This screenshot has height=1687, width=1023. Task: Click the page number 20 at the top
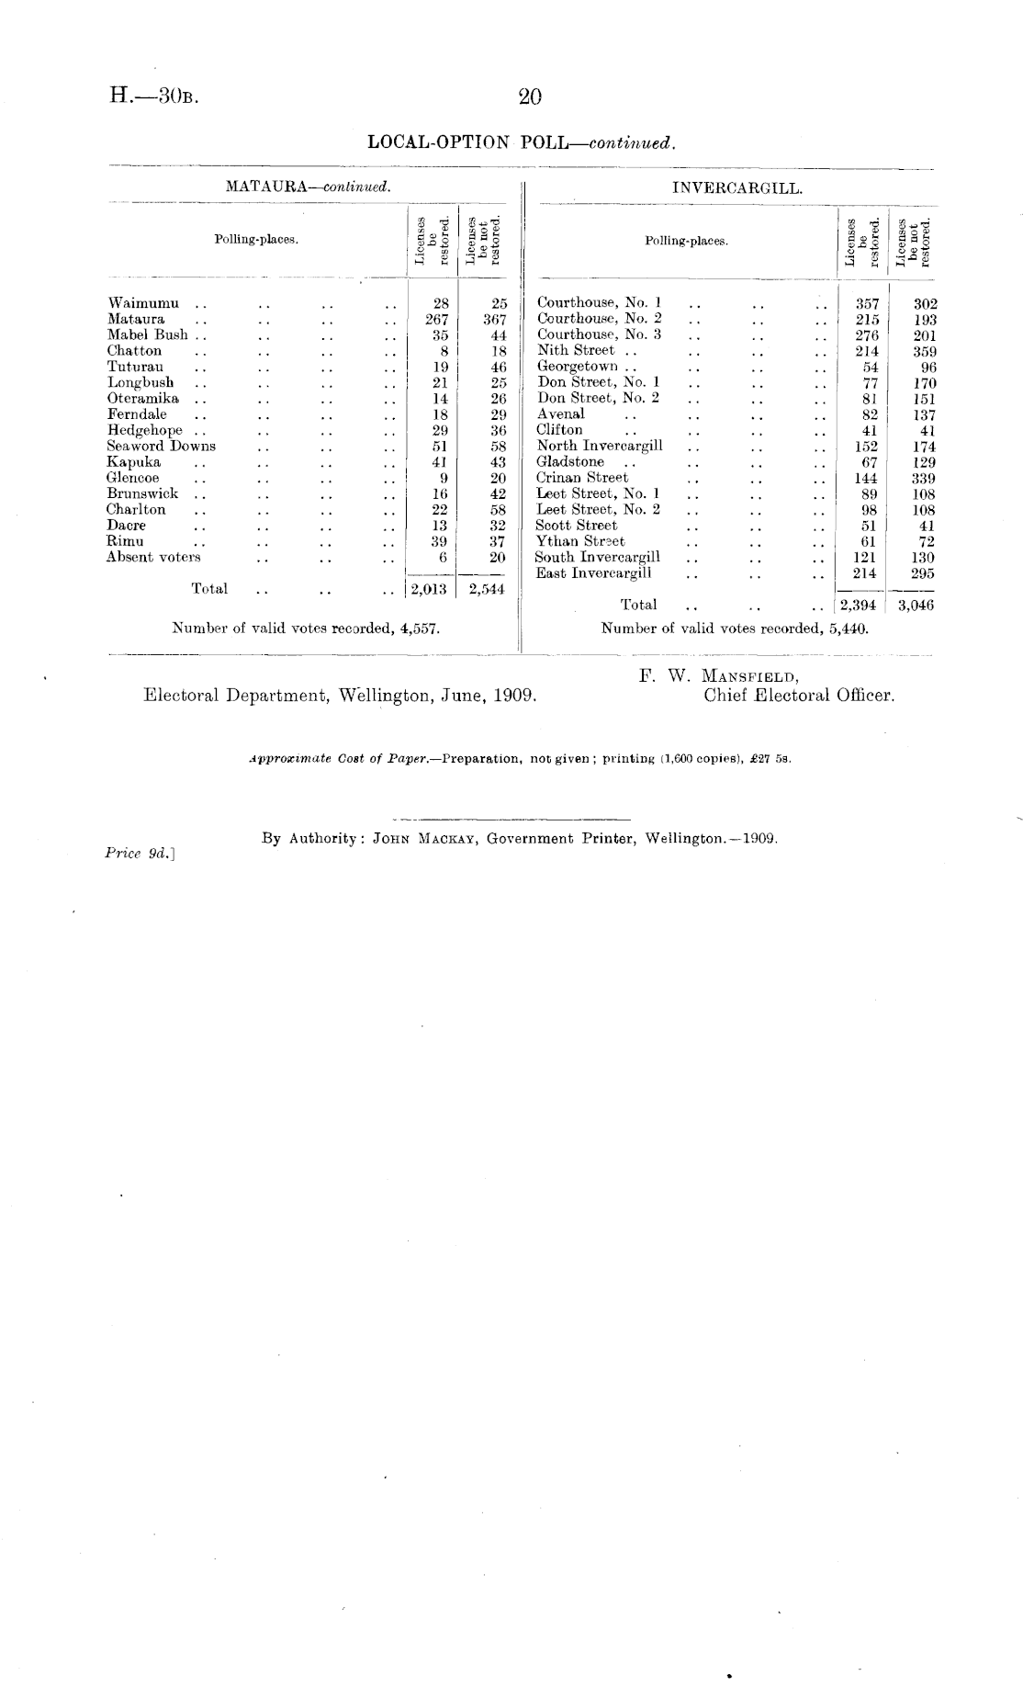point(531,96)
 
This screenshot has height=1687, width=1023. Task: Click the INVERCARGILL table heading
point(737,188)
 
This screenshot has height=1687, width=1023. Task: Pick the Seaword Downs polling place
point(162,446)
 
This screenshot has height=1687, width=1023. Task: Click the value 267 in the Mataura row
point(439,319)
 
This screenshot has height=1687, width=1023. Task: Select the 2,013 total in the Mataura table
point(427,590)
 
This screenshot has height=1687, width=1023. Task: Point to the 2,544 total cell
point(487,590)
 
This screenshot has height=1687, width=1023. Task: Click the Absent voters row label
point(153,557)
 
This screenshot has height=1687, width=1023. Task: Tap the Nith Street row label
point(576,350)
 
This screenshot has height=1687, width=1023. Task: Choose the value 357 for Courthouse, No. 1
point(867,303)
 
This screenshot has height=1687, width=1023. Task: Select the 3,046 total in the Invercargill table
point(916,605)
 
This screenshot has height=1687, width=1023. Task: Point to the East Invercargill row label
point(594,572)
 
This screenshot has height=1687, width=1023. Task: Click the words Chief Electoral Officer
point(799,696)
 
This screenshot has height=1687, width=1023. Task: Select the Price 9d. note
point(141,853)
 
